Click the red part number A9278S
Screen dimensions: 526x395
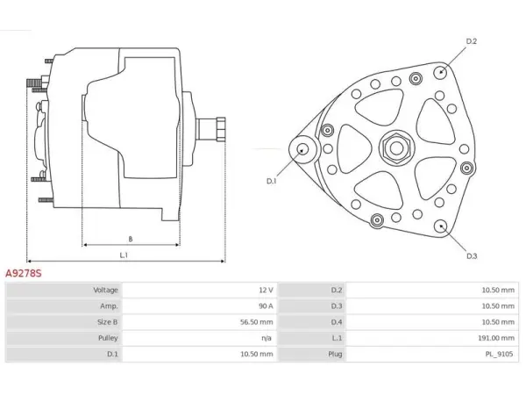24,273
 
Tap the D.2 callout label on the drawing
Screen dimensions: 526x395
472,41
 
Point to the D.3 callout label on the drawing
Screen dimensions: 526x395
472,256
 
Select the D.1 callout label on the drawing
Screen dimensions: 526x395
272,181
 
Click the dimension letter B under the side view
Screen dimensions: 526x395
131,239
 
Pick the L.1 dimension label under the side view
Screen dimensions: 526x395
124,255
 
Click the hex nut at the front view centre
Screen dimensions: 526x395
396,147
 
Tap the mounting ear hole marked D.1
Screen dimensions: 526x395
302,149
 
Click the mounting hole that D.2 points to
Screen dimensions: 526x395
440,72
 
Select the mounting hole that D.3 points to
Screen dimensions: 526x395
440,226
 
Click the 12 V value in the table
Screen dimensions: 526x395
266,290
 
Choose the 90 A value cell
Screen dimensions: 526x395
266,306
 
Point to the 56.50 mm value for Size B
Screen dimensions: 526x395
257,322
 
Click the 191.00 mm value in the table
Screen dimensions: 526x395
496,338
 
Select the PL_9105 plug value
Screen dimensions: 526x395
499,354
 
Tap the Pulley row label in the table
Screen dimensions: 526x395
108,338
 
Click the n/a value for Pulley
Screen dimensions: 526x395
267,338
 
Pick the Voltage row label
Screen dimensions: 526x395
106,290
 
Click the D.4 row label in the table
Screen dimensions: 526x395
337,322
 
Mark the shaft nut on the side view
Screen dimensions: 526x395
221,129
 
